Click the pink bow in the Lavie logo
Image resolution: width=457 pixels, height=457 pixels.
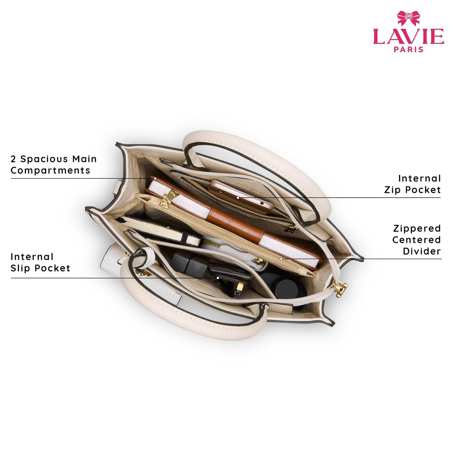pos(408,18)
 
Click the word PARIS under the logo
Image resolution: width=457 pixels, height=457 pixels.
pos(408,49)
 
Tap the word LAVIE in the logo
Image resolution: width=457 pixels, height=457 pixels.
pos(408,36)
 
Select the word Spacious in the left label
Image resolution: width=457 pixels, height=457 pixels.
pos(45,159)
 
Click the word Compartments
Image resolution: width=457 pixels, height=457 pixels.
pos(51,170)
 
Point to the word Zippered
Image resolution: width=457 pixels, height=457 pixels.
pos(417,229)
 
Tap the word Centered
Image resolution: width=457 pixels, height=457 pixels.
pos(417,240)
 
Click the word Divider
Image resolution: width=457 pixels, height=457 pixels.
pos(422,251)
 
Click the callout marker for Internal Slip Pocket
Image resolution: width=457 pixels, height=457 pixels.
pos(218,278)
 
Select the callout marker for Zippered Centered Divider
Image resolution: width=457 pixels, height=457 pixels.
pos(281,259)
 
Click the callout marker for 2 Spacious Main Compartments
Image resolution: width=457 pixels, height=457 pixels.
pos(155,178)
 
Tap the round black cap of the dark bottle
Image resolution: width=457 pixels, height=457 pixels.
pos(287,289)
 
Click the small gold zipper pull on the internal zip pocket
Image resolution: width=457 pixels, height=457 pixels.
pos(293,228)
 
